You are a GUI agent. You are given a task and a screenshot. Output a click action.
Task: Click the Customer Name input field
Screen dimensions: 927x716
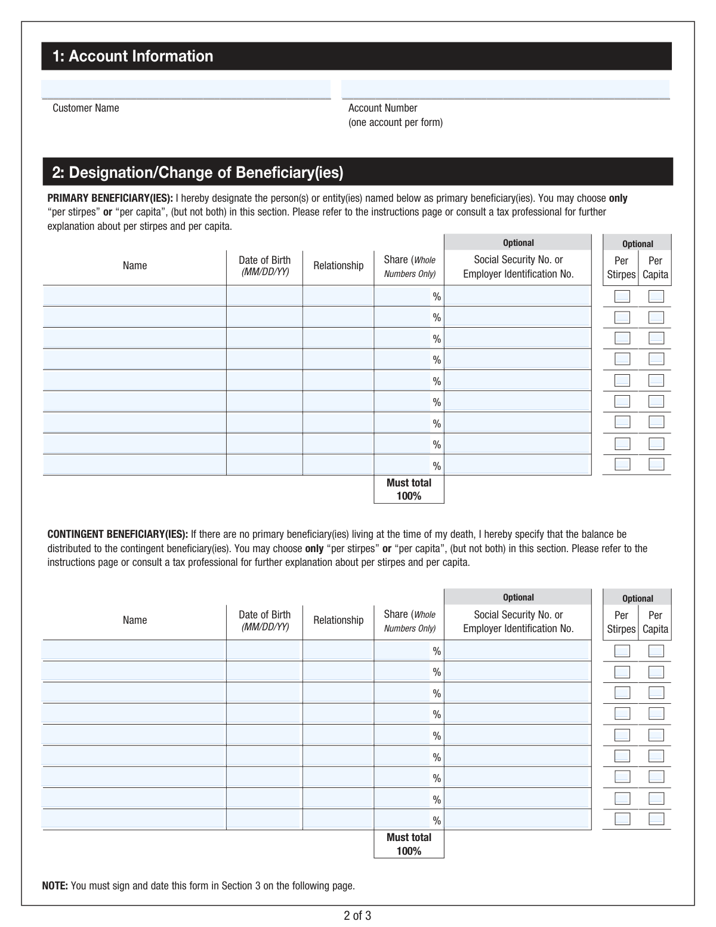point(186,89)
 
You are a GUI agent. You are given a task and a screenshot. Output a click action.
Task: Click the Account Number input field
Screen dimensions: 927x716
point(505,89)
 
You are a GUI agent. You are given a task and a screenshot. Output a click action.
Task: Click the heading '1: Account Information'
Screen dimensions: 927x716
point(132,56)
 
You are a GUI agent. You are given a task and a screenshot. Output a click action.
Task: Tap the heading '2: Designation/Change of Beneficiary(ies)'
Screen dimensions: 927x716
point(197,173)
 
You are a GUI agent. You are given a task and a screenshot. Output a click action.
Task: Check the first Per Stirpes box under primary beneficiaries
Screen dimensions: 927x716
point(622,297)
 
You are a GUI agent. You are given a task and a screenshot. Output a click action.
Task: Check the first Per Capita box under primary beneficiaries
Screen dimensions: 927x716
point(656,297)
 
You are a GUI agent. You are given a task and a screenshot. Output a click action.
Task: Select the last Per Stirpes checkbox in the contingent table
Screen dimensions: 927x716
point(622,819)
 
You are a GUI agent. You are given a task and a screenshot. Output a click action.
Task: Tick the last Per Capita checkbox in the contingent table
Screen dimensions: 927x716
point(656,819)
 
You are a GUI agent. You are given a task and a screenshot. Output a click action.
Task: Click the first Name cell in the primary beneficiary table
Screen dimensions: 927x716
point(134,296)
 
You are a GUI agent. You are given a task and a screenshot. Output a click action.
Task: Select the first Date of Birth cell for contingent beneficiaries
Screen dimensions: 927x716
point(264,651)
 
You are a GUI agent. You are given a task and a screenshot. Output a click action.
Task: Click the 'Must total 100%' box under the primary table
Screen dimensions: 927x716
point(409,489)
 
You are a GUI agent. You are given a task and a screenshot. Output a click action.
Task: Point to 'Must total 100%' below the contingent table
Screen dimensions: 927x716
point(409,844)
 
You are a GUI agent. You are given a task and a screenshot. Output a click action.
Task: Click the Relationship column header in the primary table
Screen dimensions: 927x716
point(338,266)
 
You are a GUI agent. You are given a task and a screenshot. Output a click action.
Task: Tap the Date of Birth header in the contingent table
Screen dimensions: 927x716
point(264,620)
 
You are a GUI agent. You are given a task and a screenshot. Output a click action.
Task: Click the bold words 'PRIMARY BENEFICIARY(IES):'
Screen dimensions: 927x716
point(110,198)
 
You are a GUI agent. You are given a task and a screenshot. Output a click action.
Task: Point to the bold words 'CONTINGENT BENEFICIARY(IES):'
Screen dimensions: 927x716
point(118,534)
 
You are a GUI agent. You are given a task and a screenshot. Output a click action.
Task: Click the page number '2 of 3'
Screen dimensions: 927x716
point(357,916)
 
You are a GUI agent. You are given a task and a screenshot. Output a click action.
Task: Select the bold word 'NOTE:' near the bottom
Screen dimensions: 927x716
point(55,886)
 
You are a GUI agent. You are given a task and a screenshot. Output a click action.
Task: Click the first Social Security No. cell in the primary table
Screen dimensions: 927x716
point(517,296)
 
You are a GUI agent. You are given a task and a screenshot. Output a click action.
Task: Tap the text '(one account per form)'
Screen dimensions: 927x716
point(395,122)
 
